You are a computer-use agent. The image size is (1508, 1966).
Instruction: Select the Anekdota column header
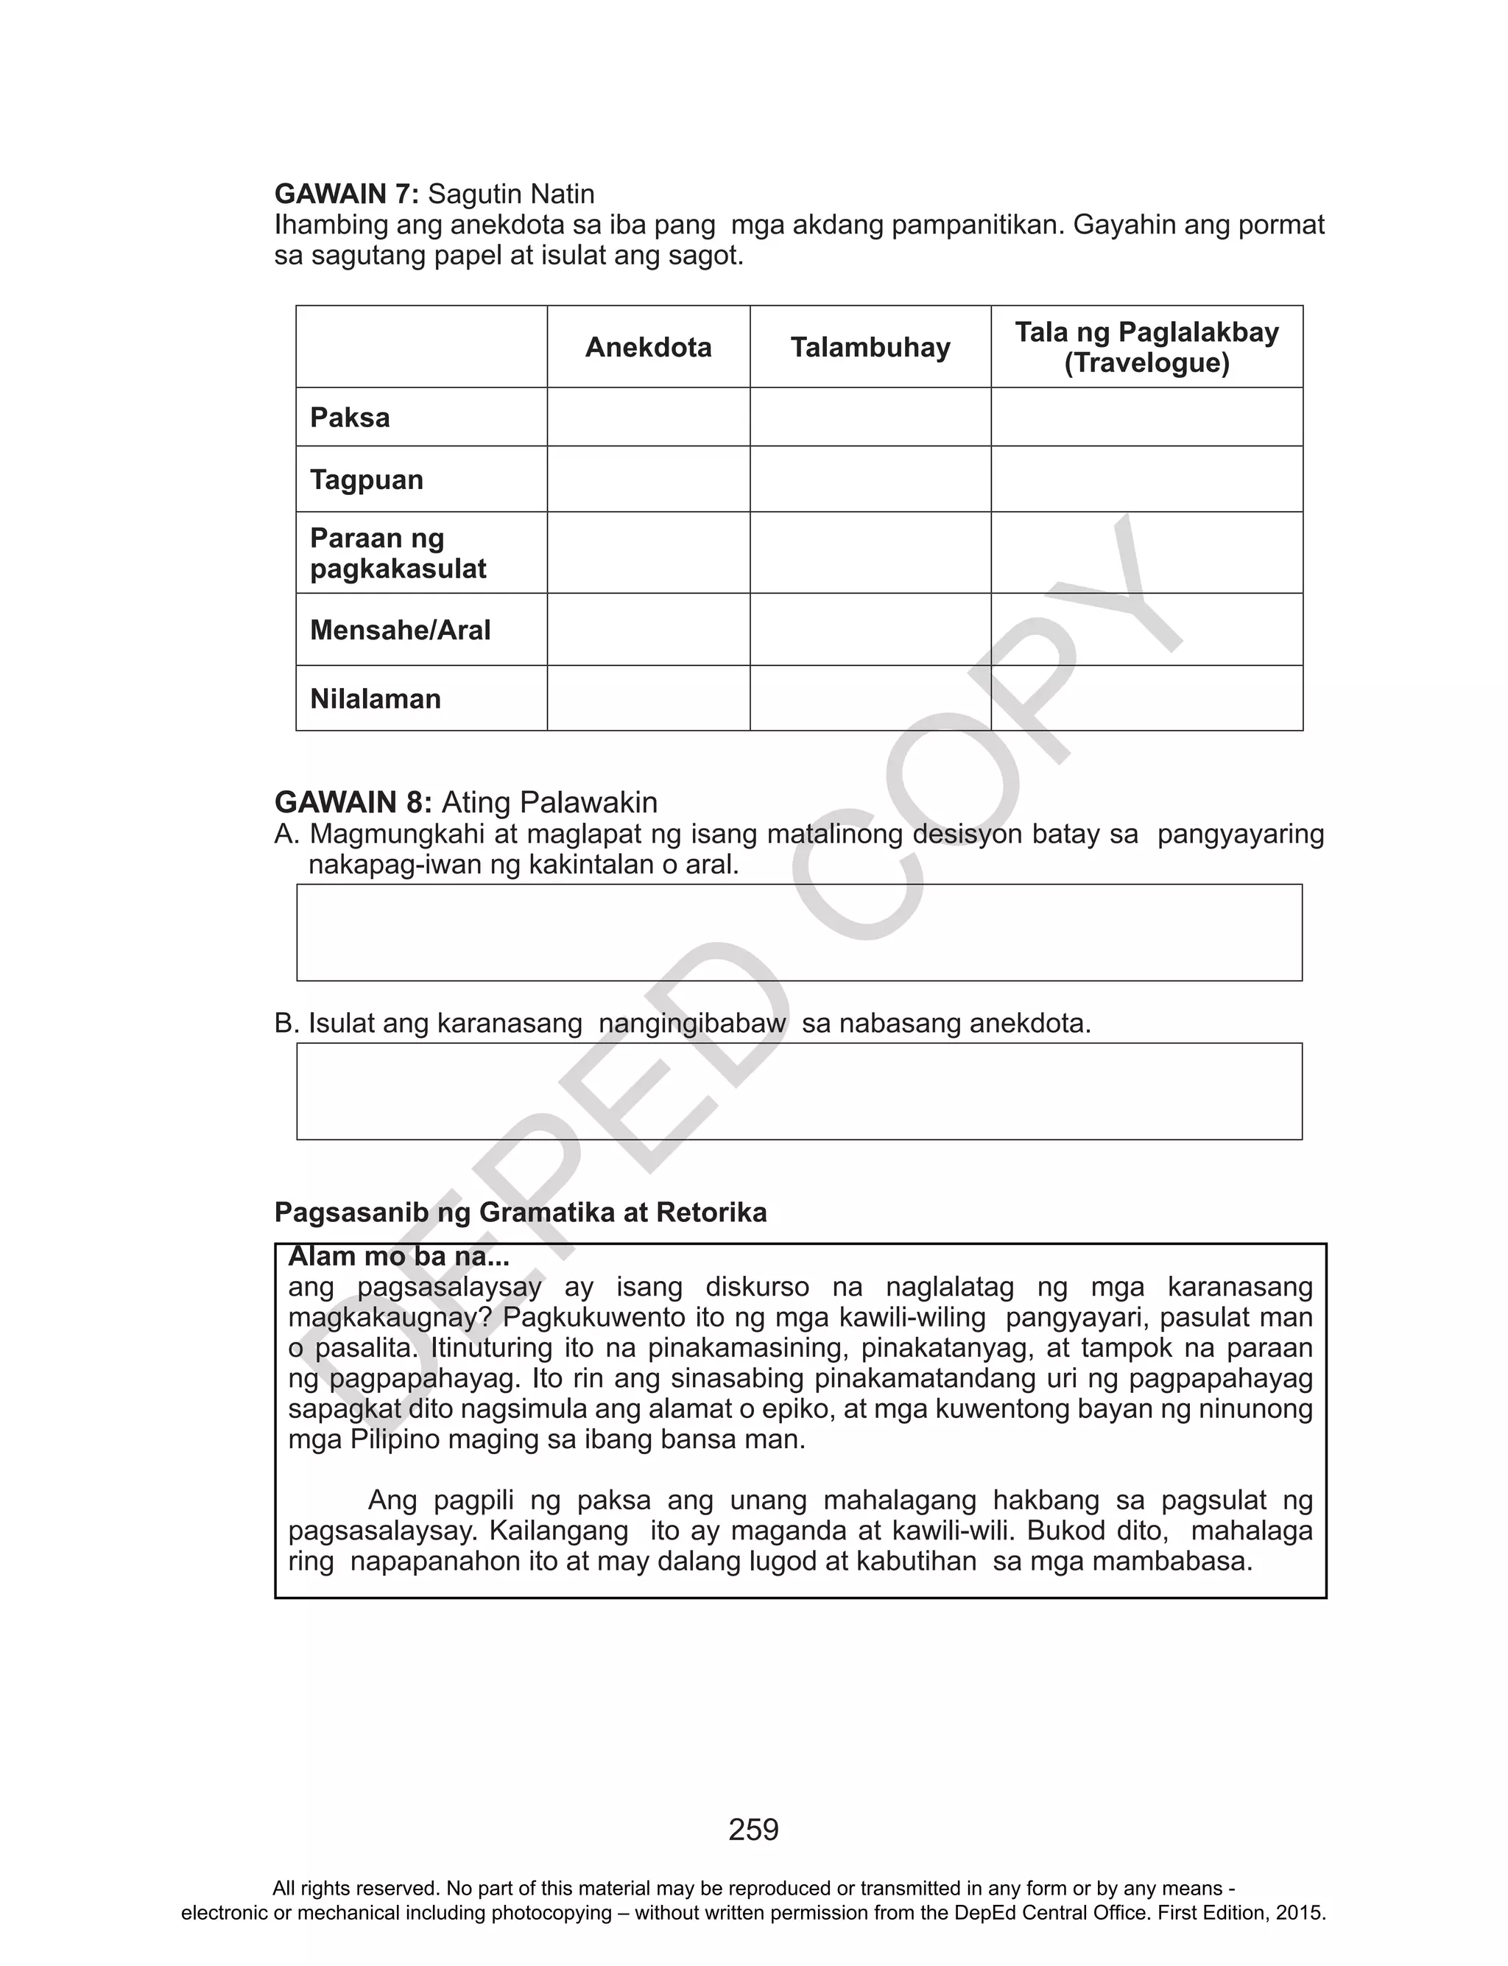click(648, 348)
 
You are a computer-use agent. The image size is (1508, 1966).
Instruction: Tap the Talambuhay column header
click(870, 348)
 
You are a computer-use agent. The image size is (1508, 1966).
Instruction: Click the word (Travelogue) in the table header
click(1146, 364)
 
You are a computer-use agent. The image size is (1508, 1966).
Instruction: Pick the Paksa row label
click(350, 418)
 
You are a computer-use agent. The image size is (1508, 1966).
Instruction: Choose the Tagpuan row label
click(366, 480)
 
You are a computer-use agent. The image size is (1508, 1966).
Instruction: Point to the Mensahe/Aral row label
click(401, 631)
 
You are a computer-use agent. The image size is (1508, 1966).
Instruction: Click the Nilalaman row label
click(376, 698)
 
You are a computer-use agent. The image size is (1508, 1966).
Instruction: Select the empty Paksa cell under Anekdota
click(648, 418)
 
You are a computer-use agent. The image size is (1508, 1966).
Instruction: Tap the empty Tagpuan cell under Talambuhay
click(870, 480)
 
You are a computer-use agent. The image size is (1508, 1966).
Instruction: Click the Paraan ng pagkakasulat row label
click(398, 553)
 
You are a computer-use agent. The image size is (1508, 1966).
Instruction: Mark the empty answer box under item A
click(799, 932)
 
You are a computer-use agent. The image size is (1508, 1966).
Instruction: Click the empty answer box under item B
click(799, 1091)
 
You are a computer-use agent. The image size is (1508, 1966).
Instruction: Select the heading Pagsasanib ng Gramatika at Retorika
click(521, 1212)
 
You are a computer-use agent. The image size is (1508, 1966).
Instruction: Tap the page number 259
click(753, 1829)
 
